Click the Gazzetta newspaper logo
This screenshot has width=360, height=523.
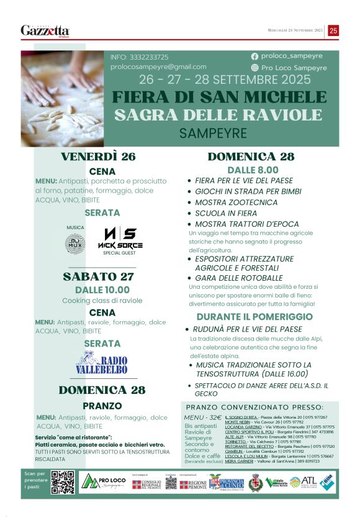click(x=45, y=30)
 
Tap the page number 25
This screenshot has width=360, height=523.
click(x=333, y=30)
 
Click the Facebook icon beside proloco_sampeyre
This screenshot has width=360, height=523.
click(x=255, y=56)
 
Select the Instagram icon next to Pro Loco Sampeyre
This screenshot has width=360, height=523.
click(x=255, y=67)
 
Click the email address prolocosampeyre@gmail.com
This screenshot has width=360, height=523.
click(x=158, y=66)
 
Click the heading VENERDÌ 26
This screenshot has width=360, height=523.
click(x=98, y=157)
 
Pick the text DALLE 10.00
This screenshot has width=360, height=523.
click(x=102, y=289)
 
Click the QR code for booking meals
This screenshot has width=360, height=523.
click(x=62, y=483)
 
